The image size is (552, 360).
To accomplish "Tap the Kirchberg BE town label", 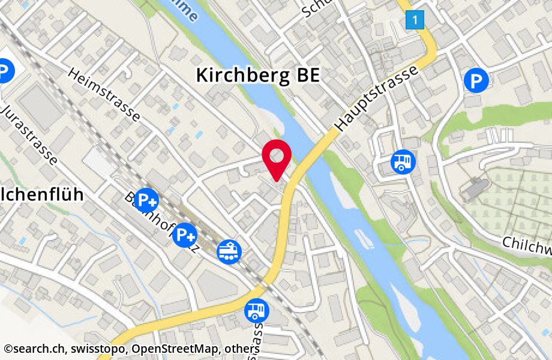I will click(x=258, y=76).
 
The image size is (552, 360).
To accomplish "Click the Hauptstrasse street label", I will click(x=376, y=99).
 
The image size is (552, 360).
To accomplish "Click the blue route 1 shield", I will click(x=415, y=20).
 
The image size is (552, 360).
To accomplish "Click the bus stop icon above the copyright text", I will click(x=257, y=310).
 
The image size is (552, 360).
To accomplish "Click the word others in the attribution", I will click(x=244, y=349).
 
